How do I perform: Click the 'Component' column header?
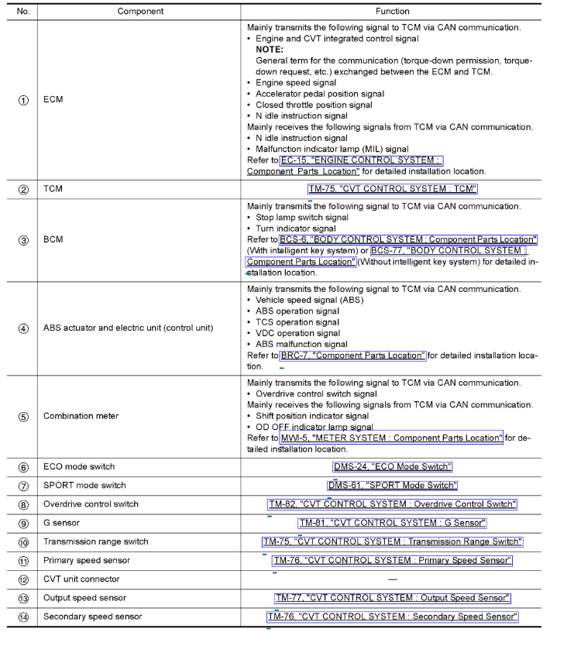coord(140,12)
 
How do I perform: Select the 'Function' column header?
coord(392,12)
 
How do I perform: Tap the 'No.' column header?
coord(23,12)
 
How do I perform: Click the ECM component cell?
coord(53,100)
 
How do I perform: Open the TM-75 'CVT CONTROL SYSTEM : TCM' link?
coord(392,189)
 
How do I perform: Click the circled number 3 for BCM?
coord(23,240)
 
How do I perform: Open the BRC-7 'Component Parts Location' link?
coord(352,356)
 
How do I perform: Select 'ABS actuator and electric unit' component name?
coord(128,328)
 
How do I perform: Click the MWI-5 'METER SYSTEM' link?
coord(391,438)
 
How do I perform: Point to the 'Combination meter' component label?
coord(81,416)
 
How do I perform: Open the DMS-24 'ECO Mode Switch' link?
coord(392,466)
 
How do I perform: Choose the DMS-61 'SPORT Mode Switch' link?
coord(392,486)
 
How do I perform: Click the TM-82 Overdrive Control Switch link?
coord(392,504)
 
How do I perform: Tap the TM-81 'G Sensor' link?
coord(392,523)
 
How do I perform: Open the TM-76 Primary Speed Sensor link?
coord(392,560)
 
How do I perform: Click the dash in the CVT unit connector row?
coord(392,579)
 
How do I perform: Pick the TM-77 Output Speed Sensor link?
coord(392,598)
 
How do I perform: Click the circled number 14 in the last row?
coord(23,617)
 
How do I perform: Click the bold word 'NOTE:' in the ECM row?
coord(269,50)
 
